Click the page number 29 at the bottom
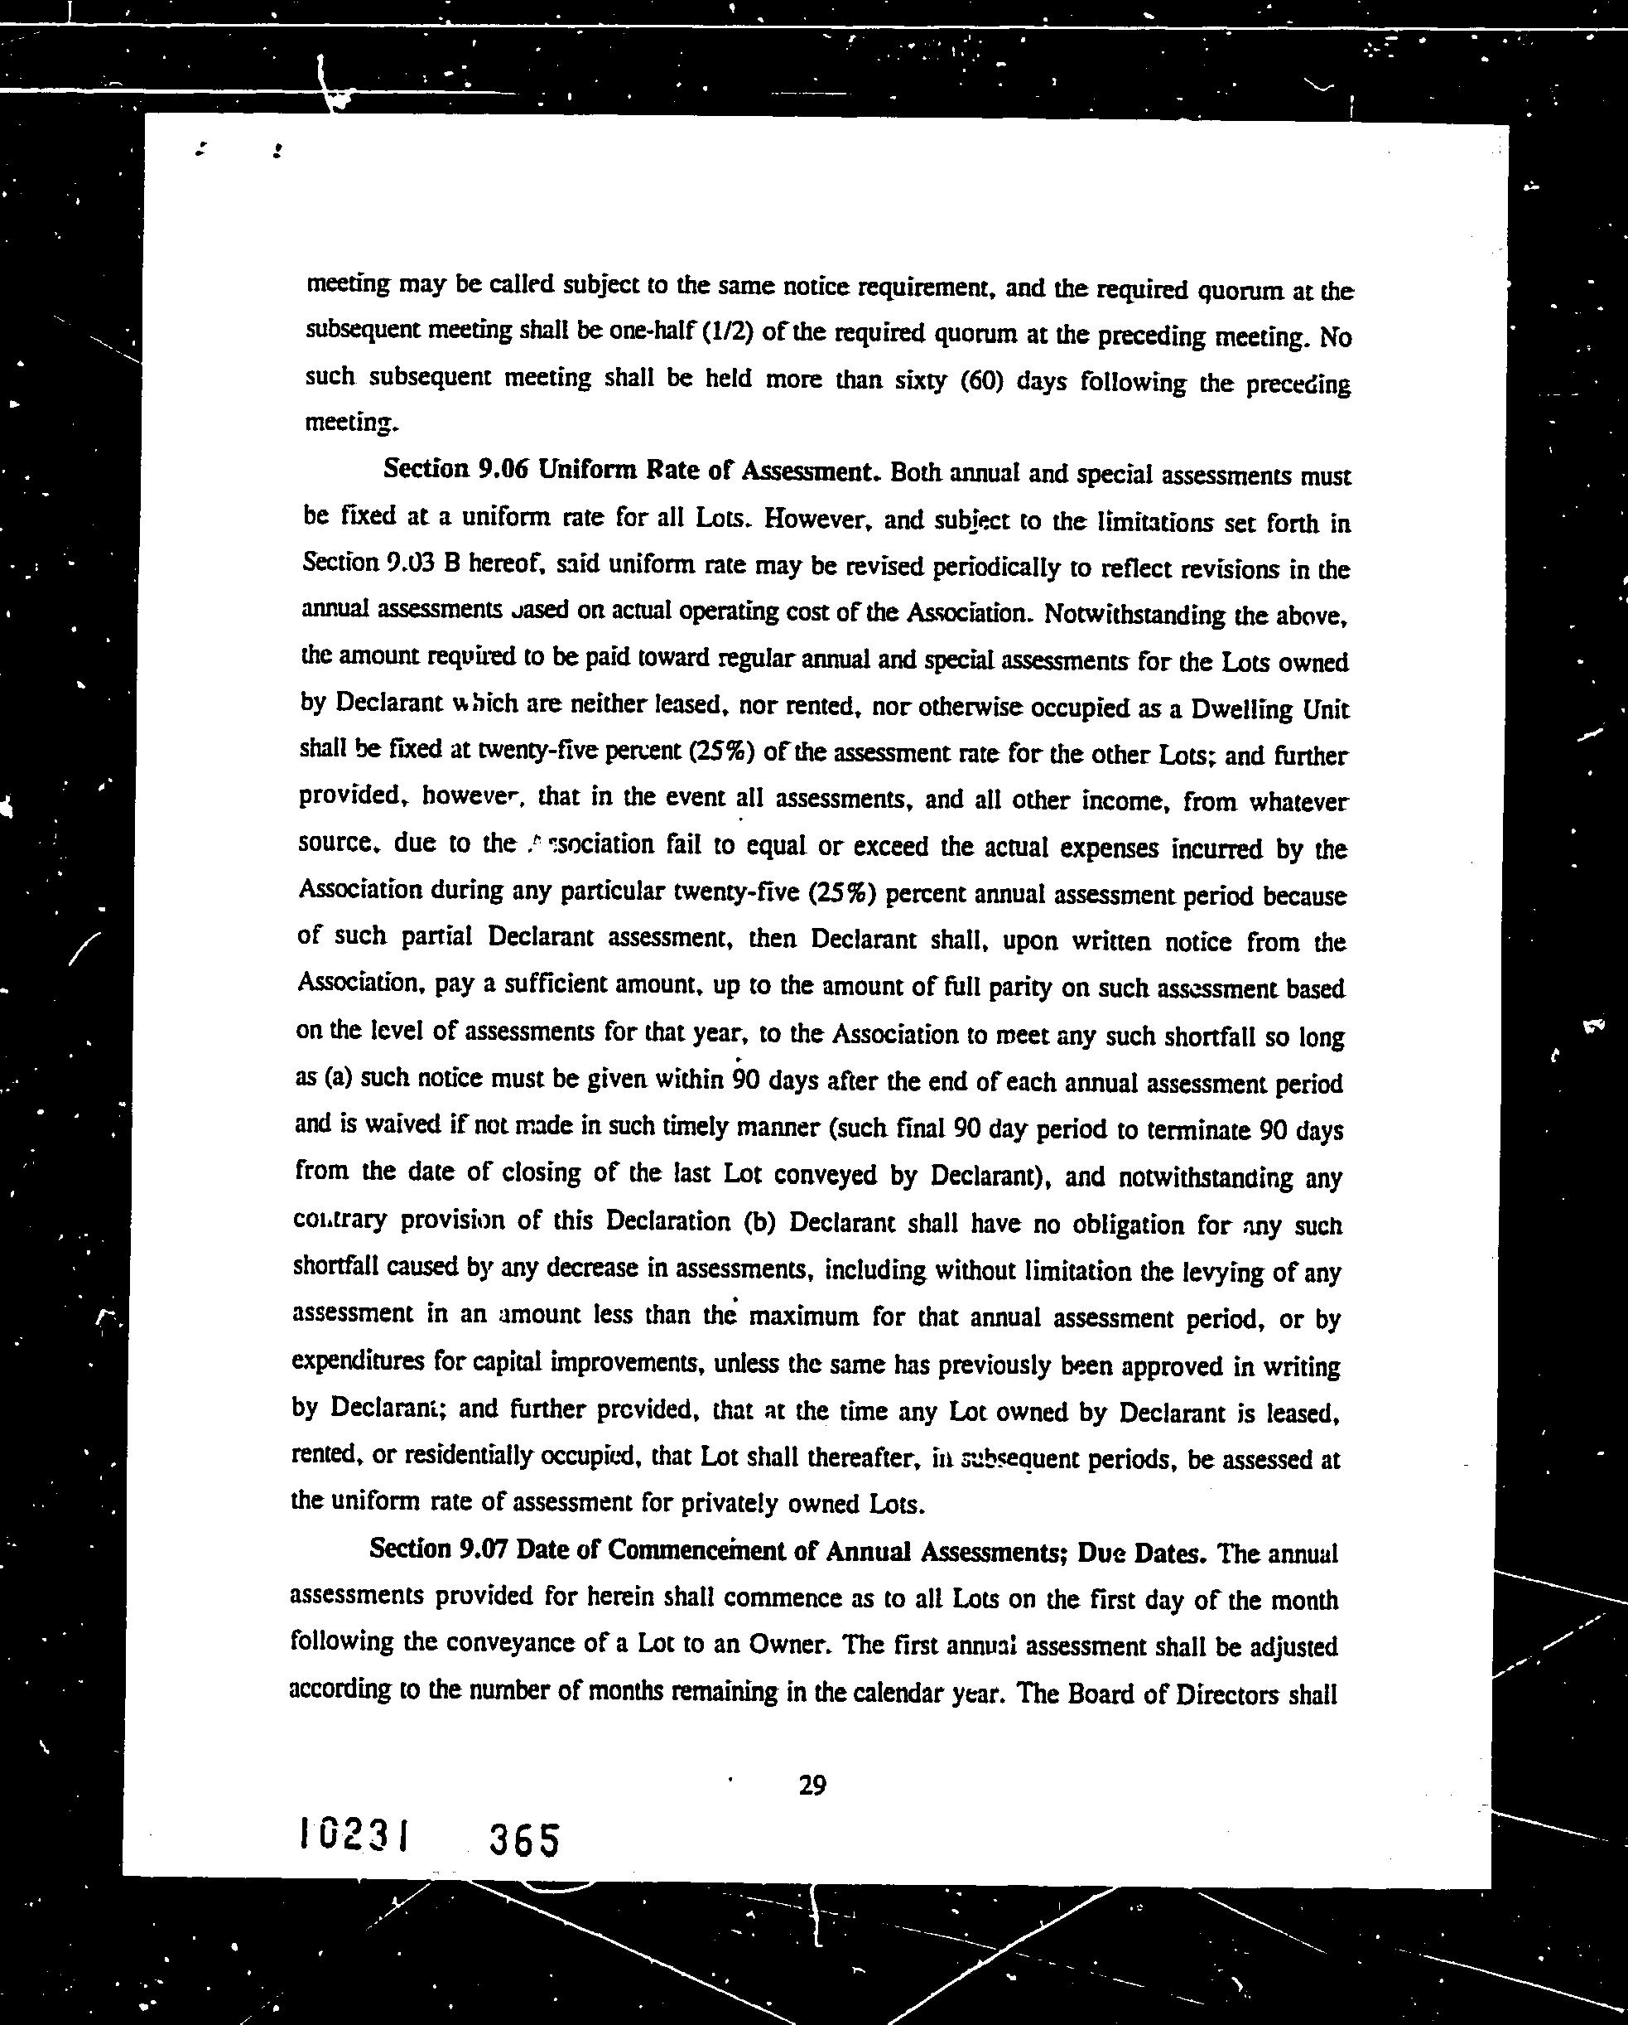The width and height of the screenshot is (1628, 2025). click(x=812, y=1785)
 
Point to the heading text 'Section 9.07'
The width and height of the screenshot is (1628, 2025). click(x=436, y=1549)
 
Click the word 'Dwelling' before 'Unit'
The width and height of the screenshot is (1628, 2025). click(x=1240, y=709)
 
